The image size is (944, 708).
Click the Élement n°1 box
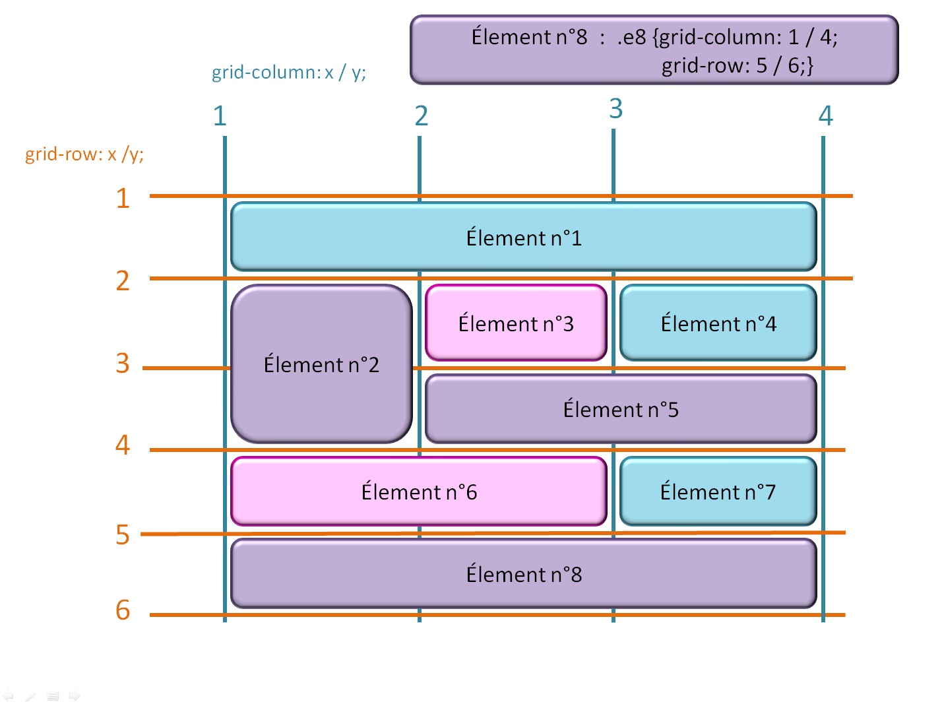click(524, 237)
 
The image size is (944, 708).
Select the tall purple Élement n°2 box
click(321, 364)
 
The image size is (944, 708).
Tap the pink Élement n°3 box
click(516, 323)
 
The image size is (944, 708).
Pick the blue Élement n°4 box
click(718, 323)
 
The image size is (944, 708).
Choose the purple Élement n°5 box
click(621, 409)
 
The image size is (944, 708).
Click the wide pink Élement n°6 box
click(419, 492)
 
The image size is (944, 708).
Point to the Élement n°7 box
click(718, 492)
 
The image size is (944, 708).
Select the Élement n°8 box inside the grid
click(524, 574)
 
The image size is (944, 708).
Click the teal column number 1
click(220, 116)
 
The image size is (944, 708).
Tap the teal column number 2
click(422, 116)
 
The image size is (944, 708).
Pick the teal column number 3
click(615, 109)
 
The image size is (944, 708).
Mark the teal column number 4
click(826, 116)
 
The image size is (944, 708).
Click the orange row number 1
click(123, 198)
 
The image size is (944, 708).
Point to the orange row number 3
click(123, 364)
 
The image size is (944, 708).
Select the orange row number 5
click(123, 534)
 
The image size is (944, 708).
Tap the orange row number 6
click(123, 610)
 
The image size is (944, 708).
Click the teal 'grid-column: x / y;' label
click(288, 72)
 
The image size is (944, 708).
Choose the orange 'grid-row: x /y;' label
click(84, 154)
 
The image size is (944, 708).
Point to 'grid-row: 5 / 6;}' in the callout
click(737, 65)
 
